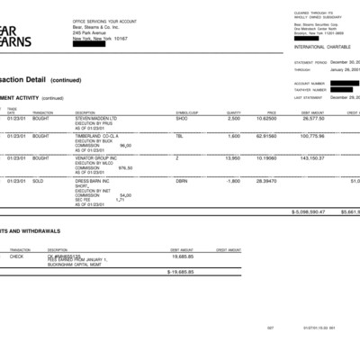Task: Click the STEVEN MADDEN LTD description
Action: pos(96,118)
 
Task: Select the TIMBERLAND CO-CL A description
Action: pos(95,136)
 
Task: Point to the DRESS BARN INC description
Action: pos(93,181)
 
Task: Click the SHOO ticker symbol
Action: pos(182,118)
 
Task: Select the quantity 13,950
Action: pos(232,158)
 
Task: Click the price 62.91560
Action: pos(266,136)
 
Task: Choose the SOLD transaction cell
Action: pos(40,181)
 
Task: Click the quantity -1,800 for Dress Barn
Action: pos(233,181)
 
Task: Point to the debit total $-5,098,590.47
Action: pos(308,211)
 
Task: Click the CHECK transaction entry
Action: pos(16,256)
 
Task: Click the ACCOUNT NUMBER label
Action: pos(309,83)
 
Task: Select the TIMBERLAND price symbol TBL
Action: pos(179,136)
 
